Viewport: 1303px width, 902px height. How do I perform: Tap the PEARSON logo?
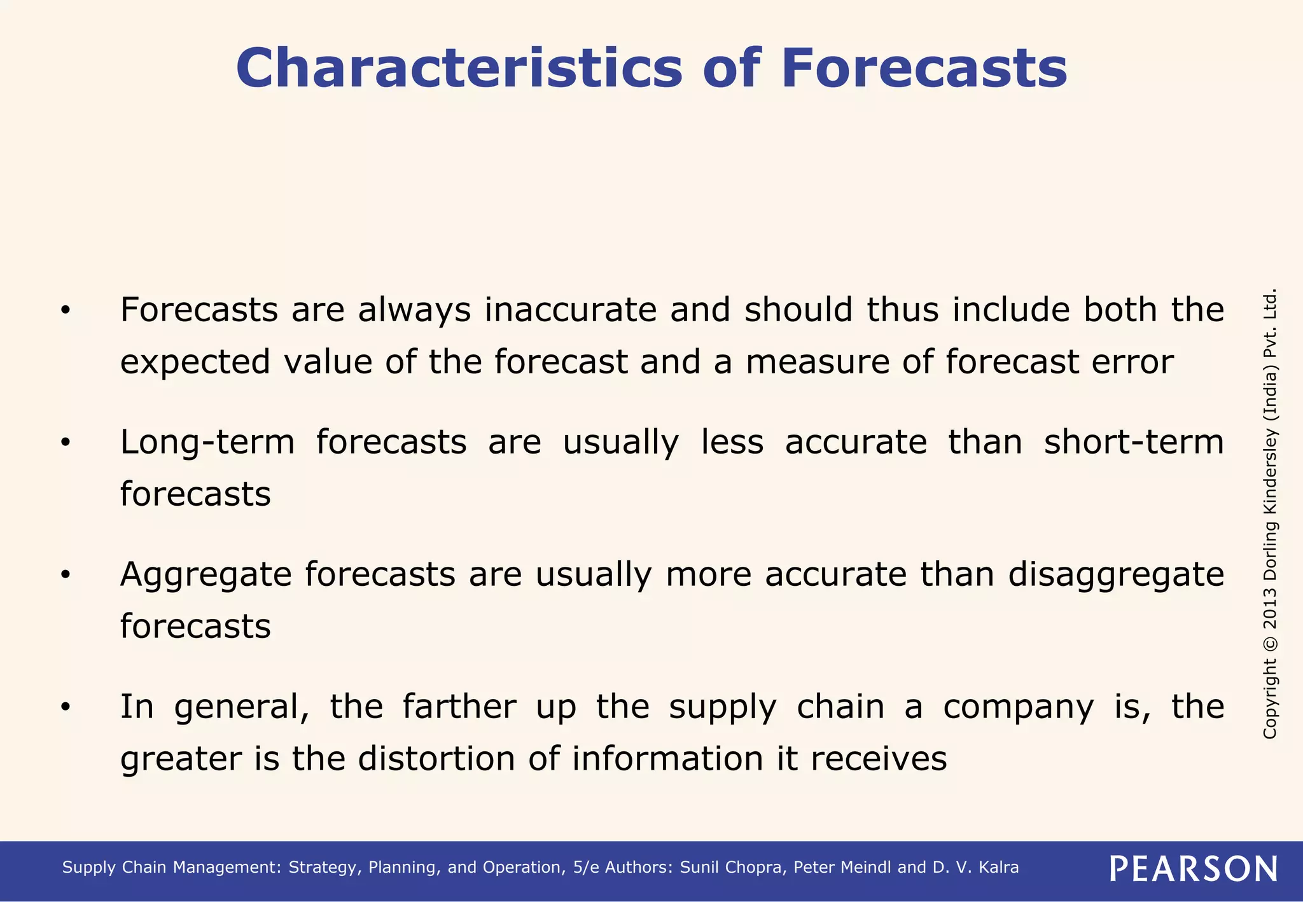pos(1194,868)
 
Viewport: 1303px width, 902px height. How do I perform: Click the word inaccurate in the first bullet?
pos(570,310)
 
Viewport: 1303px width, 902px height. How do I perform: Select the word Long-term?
pos(207,442)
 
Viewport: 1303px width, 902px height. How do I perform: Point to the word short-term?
pos(1134,442)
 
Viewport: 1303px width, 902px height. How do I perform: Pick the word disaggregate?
pos(1116,574)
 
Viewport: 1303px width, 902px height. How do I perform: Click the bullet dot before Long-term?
pos(65,443)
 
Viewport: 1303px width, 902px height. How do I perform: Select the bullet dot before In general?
pos(65,707)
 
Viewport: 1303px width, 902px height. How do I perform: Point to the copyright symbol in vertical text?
pos(1270,643)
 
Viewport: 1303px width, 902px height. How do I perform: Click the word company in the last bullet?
pos(1018,707)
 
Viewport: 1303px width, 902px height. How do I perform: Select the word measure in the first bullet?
pos(810,363)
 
